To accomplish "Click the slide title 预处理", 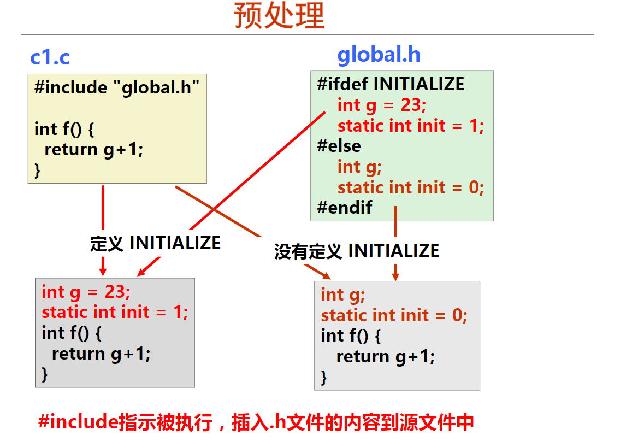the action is point(279,15).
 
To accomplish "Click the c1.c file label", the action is point(50,57).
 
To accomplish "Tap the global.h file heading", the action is point(379,55).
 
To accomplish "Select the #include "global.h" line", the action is point(117,87).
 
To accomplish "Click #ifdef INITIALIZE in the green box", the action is point(391,84).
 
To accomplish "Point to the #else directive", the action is point(339,146).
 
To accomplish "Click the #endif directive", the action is point(344,207).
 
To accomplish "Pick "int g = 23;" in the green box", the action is point(382,105).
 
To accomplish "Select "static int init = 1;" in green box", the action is point(411,126).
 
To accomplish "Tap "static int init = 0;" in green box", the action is point(411,187).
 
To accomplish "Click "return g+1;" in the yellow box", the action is point(93,149).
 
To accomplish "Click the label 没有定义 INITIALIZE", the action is point(357,250).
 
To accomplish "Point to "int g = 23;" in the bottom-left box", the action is point(86,292).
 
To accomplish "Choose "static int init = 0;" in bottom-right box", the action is point(394,315).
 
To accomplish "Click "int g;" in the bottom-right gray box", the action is point(342,295).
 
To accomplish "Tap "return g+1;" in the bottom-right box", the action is point(385,357).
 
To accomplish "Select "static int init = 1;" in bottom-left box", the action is point(115,312).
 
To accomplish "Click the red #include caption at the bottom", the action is point(256,422).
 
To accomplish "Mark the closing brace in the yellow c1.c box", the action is point(38,170).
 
